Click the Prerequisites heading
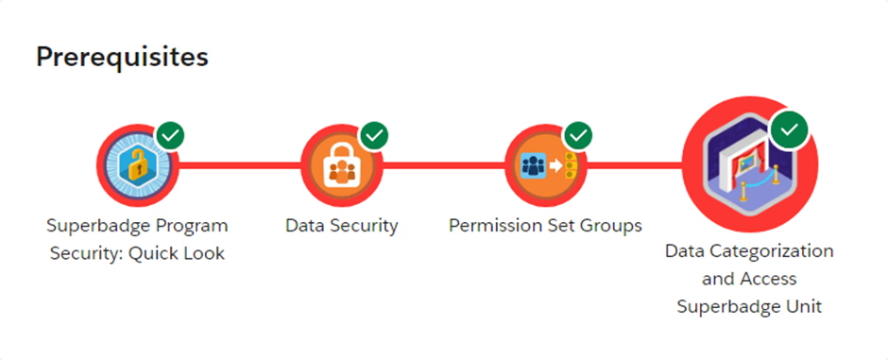coord(122,57)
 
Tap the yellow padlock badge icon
coord(138,166)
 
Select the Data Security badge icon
coord(341,166)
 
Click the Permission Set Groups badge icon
coord(544,166)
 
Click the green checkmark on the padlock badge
coord(170,135)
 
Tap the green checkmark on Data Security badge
coord(374,135)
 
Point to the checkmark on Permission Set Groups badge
coord(577,135)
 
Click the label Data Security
coord(341,226)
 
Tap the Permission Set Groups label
coord(545,226)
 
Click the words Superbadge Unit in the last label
coord(749,307)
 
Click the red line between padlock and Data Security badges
coord(240,166)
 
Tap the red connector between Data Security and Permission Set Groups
coord(443,166)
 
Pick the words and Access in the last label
coord(749,279)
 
